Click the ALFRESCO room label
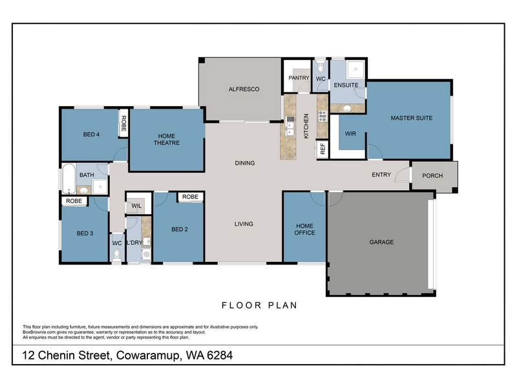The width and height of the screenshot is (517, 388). click(x=244, y=89)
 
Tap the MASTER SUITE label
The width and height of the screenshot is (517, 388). click(x=412, y=118)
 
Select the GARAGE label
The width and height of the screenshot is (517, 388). click(x=381, y=242)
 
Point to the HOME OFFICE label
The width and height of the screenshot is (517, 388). click(x=304, y=230)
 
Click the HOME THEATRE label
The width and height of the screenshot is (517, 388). click(x=167, y=139)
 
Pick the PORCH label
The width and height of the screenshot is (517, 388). click(x=432, y=176)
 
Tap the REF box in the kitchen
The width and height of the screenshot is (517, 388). click(x=322, y=149)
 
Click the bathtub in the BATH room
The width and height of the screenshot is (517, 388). click(x=69, y=178)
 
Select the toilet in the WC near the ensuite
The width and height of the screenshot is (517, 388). click(x=321, y=67)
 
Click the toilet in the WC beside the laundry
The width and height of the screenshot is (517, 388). click(x=117, y=255)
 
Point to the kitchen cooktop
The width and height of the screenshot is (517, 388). click(x=322, y=116)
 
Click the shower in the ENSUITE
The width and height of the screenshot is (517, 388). click(x=356, y=69)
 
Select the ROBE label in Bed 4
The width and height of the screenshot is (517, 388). click(x=123, y=124)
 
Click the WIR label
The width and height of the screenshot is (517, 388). click(x=350, y=134)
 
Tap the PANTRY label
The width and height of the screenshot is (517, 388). click(x=299, y=78)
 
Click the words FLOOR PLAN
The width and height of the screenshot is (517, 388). click(x=260, y=305)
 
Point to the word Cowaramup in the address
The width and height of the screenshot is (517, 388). click(x=149, y=356)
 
